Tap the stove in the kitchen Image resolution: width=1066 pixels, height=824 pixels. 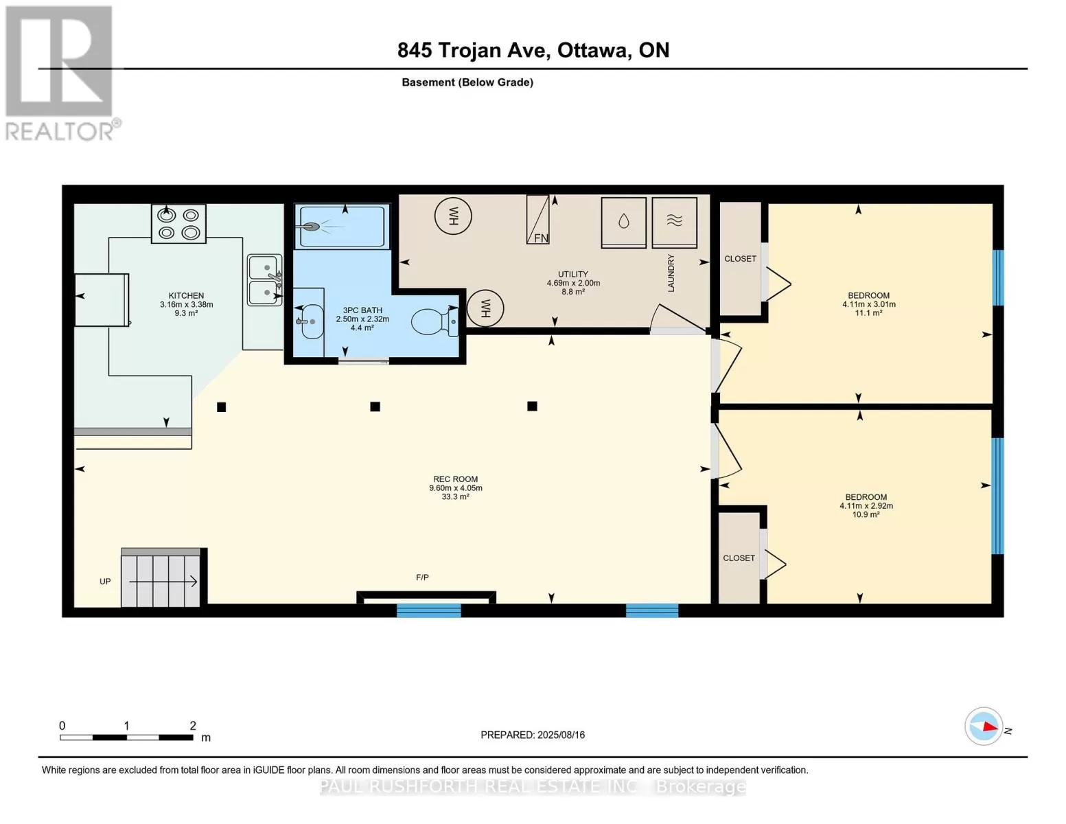178,224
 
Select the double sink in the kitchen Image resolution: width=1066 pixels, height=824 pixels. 264,279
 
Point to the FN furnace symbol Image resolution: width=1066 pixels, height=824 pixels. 537,219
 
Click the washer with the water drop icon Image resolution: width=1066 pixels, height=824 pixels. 623,222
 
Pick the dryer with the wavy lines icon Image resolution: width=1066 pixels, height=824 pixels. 675,222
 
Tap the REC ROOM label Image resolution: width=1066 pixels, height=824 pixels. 455,479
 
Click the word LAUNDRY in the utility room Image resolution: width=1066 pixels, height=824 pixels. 671,273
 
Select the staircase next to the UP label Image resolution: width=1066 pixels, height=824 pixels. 161,577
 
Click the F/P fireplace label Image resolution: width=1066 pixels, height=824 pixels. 422,577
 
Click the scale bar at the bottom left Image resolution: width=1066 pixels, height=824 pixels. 126,737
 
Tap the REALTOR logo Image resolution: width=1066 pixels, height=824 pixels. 61,73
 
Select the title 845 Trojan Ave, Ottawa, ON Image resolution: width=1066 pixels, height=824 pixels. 533,50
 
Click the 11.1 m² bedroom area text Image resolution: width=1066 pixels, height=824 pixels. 869,313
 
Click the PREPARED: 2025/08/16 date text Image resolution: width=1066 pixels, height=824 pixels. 533,735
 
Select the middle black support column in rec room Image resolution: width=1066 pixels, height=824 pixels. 375,407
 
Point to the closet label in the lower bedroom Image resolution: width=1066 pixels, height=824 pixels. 739,558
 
